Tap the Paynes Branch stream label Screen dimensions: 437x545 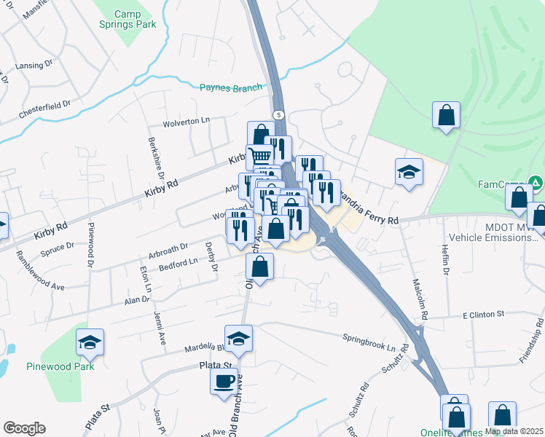pyautogui.click(x=230, y=88)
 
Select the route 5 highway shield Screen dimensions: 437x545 pyautogui.click(x=278, y=115)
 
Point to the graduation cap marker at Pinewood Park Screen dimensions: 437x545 pyautogui.click(x=90, y=342)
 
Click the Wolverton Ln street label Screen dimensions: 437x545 pyautogui.click(x=185, y=120)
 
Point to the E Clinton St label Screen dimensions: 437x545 pyautogui.click(x=483, y=315)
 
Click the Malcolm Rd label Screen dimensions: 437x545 pyautogui.click(x=420, y=299)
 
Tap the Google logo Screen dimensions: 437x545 pyautogui.click(x=24, y=428)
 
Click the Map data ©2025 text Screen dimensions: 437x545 pyautogui.click(x=513, y=431)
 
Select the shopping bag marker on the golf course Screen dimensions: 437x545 pyautogui.click(x=446, y=115)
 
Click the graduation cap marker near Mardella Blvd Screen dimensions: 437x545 pyautogui.click(x=238, y=339)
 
